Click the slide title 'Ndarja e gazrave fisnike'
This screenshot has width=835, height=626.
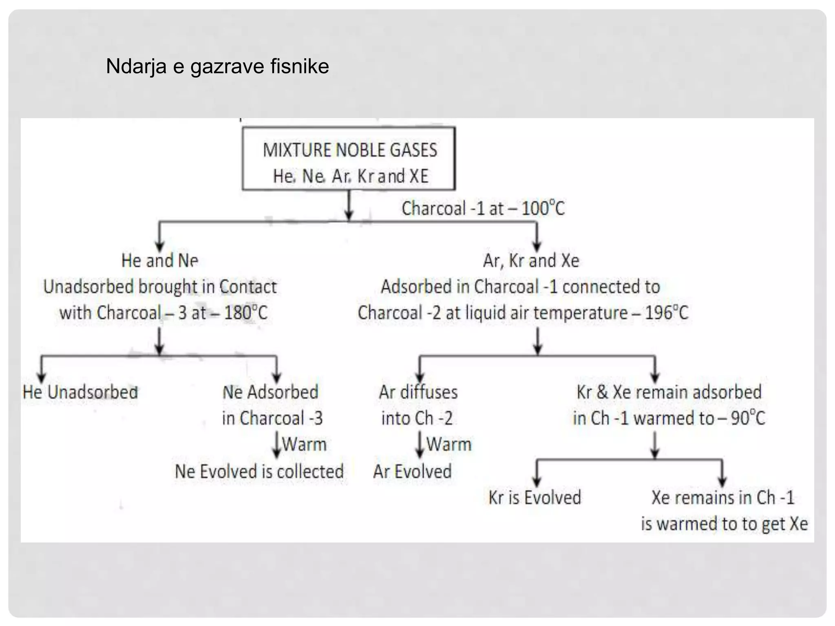pos(217,66)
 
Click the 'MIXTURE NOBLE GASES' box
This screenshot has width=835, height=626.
pos(349,159)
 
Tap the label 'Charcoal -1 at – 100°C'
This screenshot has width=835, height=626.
pos(483,209)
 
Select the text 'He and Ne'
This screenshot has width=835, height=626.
pos(160,260)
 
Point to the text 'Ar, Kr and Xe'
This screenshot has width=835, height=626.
pos(531,260)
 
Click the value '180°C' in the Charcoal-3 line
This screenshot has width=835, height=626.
pos(245,313)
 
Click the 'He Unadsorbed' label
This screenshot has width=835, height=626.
pos(80,392)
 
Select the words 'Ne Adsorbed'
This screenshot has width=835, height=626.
pos(270,392)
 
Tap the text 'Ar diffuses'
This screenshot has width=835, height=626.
pos(418,392)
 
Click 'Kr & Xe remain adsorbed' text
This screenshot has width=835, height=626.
pos(669,392)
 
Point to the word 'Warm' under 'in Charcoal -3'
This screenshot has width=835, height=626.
pos(304,444)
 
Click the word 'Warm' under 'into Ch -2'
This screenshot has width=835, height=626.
pos(448,444)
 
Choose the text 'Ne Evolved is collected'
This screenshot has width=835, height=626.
pos(259,472)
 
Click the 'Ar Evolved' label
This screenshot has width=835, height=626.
pos(412,472)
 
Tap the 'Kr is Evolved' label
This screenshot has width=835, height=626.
pos(535,498)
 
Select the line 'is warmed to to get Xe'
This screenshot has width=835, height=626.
pos(724,524)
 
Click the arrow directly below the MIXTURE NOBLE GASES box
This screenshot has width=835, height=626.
pos(349,206)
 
